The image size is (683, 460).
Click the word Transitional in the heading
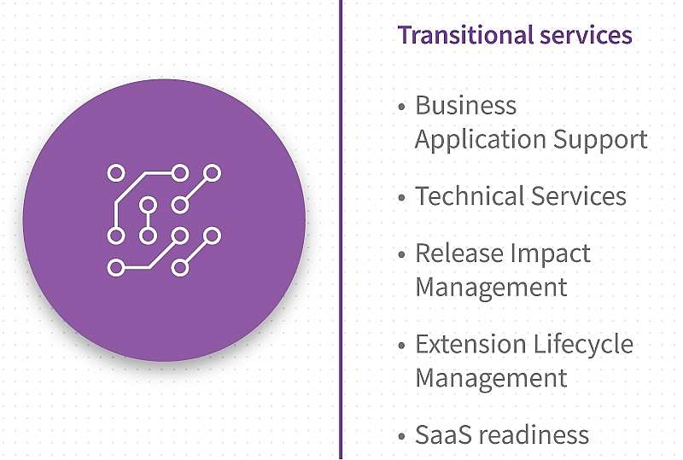coord(465,35)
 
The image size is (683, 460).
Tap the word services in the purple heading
coord(586,35)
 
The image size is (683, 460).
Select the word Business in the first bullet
coord(465,106)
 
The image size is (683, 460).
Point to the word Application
coord(481,140)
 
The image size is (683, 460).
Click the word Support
coord(600,140)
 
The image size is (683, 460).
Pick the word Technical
coord(470,196)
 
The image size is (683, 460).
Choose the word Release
coord(459,253)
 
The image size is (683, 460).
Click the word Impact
coord(551,254)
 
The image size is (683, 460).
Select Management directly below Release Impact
coord(492,288)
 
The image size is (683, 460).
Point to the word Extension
coord(471,344)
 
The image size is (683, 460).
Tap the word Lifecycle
coord(583,345)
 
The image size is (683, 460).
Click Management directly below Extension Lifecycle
coord(492,378)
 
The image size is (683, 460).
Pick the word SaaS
coord(443,434)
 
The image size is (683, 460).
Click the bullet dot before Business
coord(401,107)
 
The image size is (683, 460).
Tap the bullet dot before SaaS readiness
coord(401,436)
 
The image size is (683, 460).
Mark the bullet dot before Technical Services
coord(401,197)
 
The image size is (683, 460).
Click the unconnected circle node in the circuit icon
coord(116,173)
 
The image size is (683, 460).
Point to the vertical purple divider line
coord(341,230)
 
